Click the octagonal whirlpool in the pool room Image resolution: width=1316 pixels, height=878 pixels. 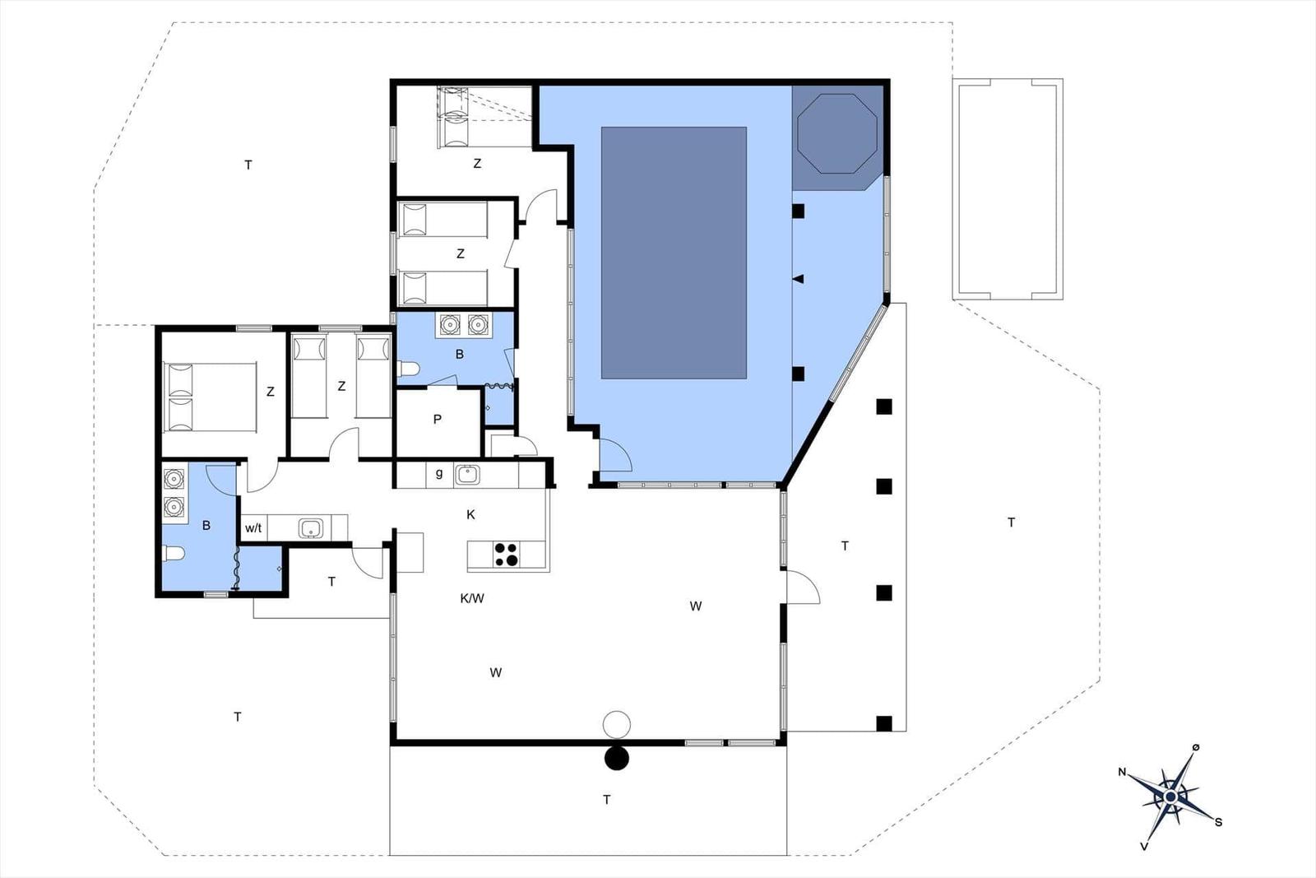pos(836,133)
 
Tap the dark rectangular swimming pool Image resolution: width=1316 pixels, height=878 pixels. pos(674,253)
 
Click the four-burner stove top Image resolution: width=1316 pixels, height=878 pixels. pos(507,555)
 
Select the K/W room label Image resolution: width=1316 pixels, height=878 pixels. pos(472,599)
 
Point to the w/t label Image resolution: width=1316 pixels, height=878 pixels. pos(253,528)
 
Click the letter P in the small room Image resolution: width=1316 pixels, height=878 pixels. pos(437,419)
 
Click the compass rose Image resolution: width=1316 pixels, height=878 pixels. pos(1170,797)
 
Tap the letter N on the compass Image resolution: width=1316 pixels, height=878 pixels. pos(1122,772)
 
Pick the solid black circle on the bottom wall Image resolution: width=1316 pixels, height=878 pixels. pos(616,758)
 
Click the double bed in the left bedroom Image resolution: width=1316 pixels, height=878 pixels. pos(210,397)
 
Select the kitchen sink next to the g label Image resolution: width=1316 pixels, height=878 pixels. pos(467,475)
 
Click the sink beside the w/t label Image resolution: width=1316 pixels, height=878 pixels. pos(309,527)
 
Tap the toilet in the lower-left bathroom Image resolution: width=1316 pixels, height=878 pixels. pos(174,554)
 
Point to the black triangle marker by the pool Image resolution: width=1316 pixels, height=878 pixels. pos(798,279)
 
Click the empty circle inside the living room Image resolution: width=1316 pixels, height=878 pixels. pos(617,724)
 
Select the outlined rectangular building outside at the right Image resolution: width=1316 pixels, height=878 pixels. pos(1008,189)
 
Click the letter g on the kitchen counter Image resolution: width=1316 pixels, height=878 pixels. pos(439,474)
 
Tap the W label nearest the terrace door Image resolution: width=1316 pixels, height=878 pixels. pos(696,606)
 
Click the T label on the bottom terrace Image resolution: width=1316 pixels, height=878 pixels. pos(607,800)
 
